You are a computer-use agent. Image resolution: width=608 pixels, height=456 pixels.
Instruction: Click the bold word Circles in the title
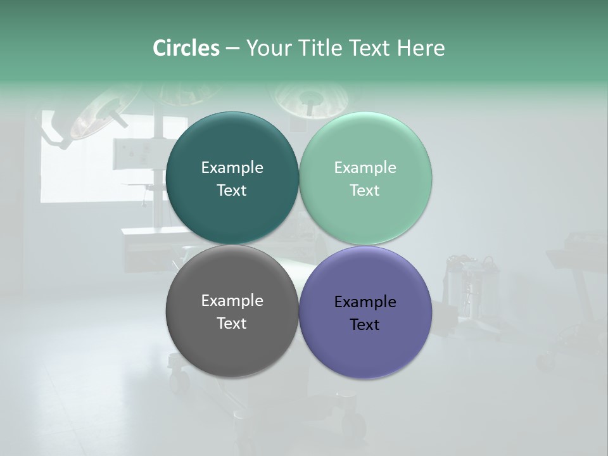186,48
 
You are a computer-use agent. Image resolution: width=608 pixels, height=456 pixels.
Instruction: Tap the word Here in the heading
421,48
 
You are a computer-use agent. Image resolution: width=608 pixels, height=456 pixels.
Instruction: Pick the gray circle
232,342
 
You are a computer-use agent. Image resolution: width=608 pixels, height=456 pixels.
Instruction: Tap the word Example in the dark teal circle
232,168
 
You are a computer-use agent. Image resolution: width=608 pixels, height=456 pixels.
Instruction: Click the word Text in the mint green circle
365,191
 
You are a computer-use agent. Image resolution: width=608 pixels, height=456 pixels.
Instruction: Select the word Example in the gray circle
232,301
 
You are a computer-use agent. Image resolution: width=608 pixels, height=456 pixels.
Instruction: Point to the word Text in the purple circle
365,325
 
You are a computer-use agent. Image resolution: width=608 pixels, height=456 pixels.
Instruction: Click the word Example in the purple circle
365,302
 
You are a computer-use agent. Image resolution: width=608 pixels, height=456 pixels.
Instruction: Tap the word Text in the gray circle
232,324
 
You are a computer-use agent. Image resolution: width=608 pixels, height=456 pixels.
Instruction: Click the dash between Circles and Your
232,49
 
